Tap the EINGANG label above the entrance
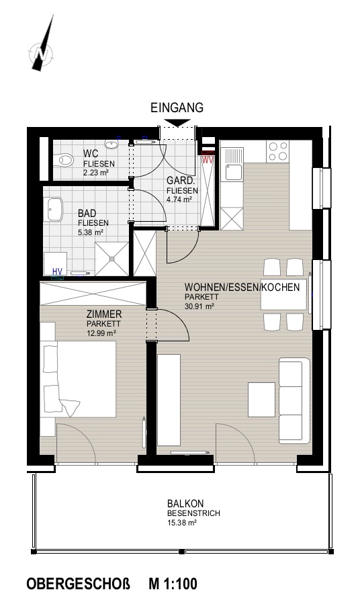pyautogui.click(x=177, y=108)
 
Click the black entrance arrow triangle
pyautogui.click(x=177, y=123)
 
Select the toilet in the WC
pyautogui.click(x=63, y=160)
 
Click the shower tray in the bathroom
pyautogui.click(x=111, y=259)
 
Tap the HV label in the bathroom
pyautogui.click(x=57, y=271)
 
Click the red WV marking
pyautogui.click(x=208, y=159)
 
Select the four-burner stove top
pyautogui.click(x=277, y=151)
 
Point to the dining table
pyautogui.click(x=283, y=294)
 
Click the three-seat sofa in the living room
pyautogui.click(x=294, y=400)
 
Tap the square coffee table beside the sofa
pyautogui.click(x=262, y=399)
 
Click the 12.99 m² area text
pyautogui.click(x=101, y=333)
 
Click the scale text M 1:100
pyautogui.click(x=173, y=584)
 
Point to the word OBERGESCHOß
pyautogui.click(x=79, y=584)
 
